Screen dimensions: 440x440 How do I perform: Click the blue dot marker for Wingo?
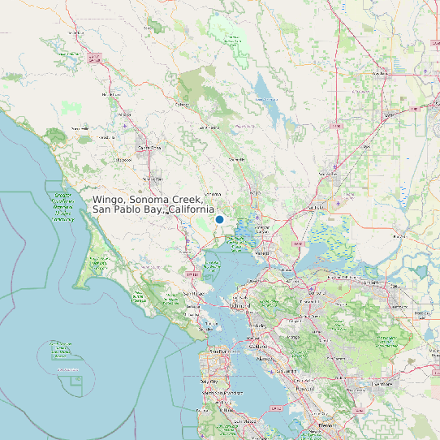[x=219, y=220]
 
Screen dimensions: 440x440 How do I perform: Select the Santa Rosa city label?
[x=149, y=148]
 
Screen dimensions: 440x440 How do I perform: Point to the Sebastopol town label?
[x=122, y=160]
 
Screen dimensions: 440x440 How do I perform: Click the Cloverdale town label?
[x=77, y=33]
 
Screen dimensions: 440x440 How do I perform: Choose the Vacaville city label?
[x=328, y=174]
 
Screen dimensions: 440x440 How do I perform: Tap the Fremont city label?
[x=327, y=425]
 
